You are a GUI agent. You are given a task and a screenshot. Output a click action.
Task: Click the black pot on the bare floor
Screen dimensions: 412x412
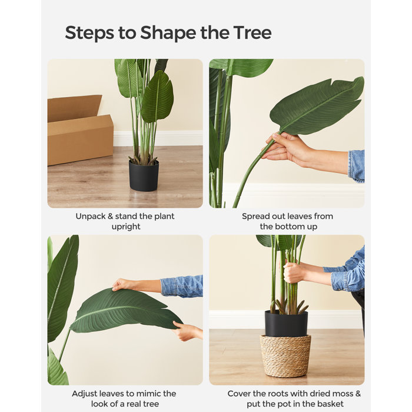(x=144, y=175)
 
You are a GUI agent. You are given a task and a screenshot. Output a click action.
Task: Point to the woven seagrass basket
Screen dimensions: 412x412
(x=286, y=355)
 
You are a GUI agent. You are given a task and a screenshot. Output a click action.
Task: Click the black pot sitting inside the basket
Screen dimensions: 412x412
(x=286, y=324)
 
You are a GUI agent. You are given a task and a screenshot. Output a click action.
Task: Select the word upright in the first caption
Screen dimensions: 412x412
(x=125, y=227)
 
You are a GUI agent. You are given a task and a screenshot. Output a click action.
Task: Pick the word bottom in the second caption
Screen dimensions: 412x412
(x=290, y=227)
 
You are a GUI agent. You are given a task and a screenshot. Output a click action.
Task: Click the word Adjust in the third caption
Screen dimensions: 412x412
(x=85, y=394)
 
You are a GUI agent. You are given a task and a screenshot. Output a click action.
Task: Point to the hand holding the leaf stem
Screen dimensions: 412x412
(x=284, y=149)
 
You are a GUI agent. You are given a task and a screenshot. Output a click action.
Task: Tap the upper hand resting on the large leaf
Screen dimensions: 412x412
(x=125, y=284)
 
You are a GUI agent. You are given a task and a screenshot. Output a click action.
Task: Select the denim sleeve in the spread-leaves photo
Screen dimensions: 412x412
(x=356, y=165)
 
